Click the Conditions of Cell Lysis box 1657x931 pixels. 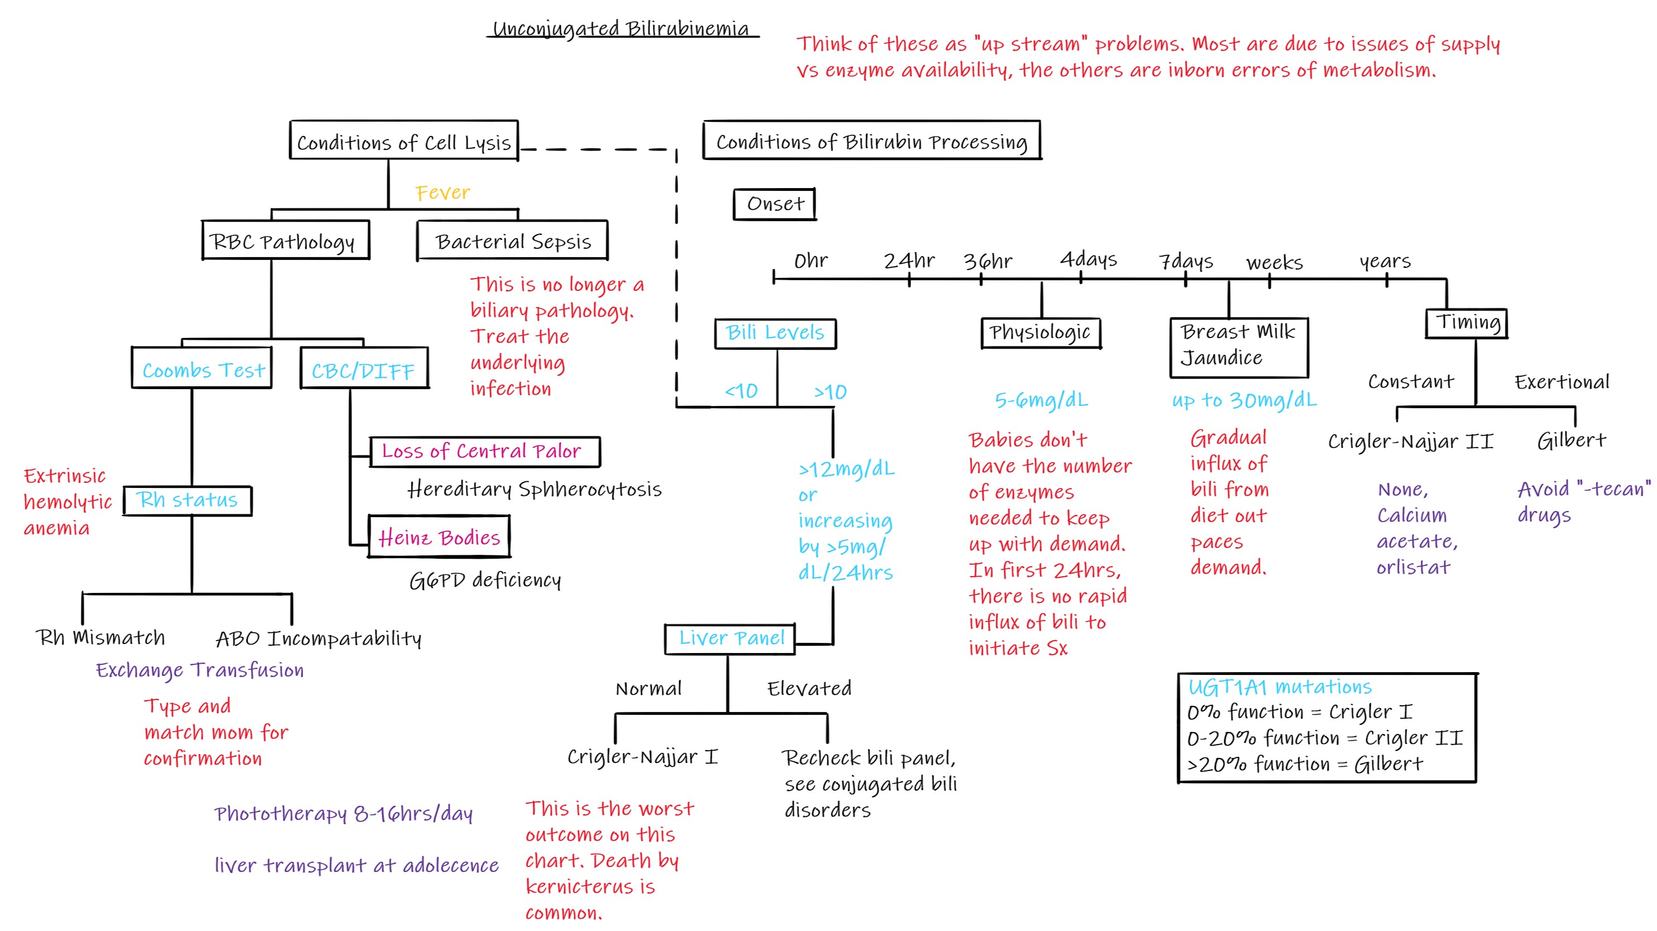coord(404,141)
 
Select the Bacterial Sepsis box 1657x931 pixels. coord(512,241)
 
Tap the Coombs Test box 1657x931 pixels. coord(202,369)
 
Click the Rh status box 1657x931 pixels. coord(187,500)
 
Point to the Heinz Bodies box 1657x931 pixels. coord(439,537)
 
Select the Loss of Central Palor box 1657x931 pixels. coord(484,451)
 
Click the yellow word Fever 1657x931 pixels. coord(442,193)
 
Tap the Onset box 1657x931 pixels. coord(775,204)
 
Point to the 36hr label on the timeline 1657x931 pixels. coord(987,261)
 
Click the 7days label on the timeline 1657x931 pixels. coord(1185,261)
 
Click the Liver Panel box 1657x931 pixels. coord(730,638)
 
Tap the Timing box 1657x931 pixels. coord(1467,322)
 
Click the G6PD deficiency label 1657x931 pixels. coord(485,581)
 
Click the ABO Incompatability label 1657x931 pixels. coord(318,639)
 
